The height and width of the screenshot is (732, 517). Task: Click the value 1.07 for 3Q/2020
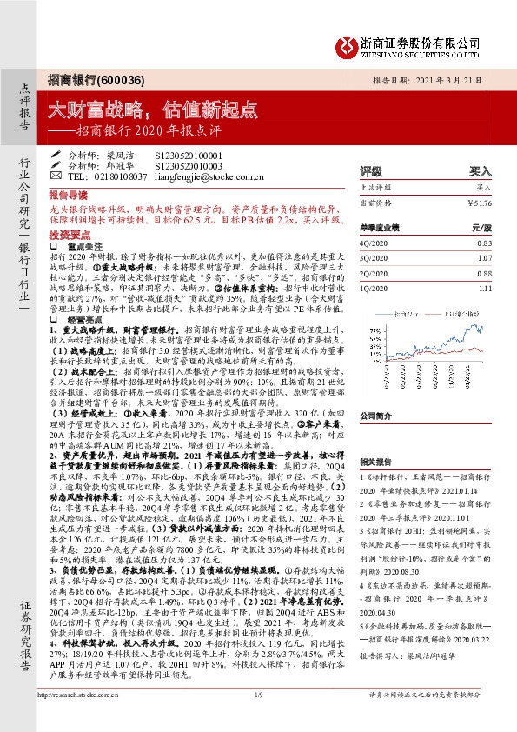click(x=485, y=257)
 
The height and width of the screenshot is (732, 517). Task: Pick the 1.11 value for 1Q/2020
click(x=485, y=289)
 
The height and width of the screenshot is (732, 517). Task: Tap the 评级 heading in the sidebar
click(x=372, y=171)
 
